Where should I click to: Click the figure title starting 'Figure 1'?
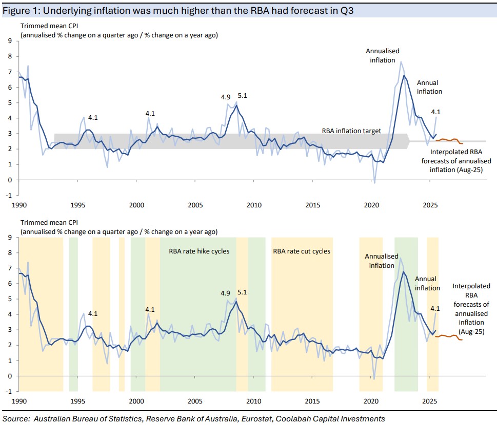185,9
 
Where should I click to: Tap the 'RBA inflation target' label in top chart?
351,131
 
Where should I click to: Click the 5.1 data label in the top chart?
243,96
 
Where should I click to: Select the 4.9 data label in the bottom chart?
226,293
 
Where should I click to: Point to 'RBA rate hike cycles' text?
199,251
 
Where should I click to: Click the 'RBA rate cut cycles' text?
302,251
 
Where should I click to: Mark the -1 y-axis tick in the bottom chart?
9,392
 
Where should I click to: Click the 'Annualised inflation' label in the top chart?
382,55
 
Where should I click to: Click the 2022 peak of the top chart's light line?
401,62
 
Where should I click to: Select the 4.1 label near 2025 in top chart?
436,112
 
